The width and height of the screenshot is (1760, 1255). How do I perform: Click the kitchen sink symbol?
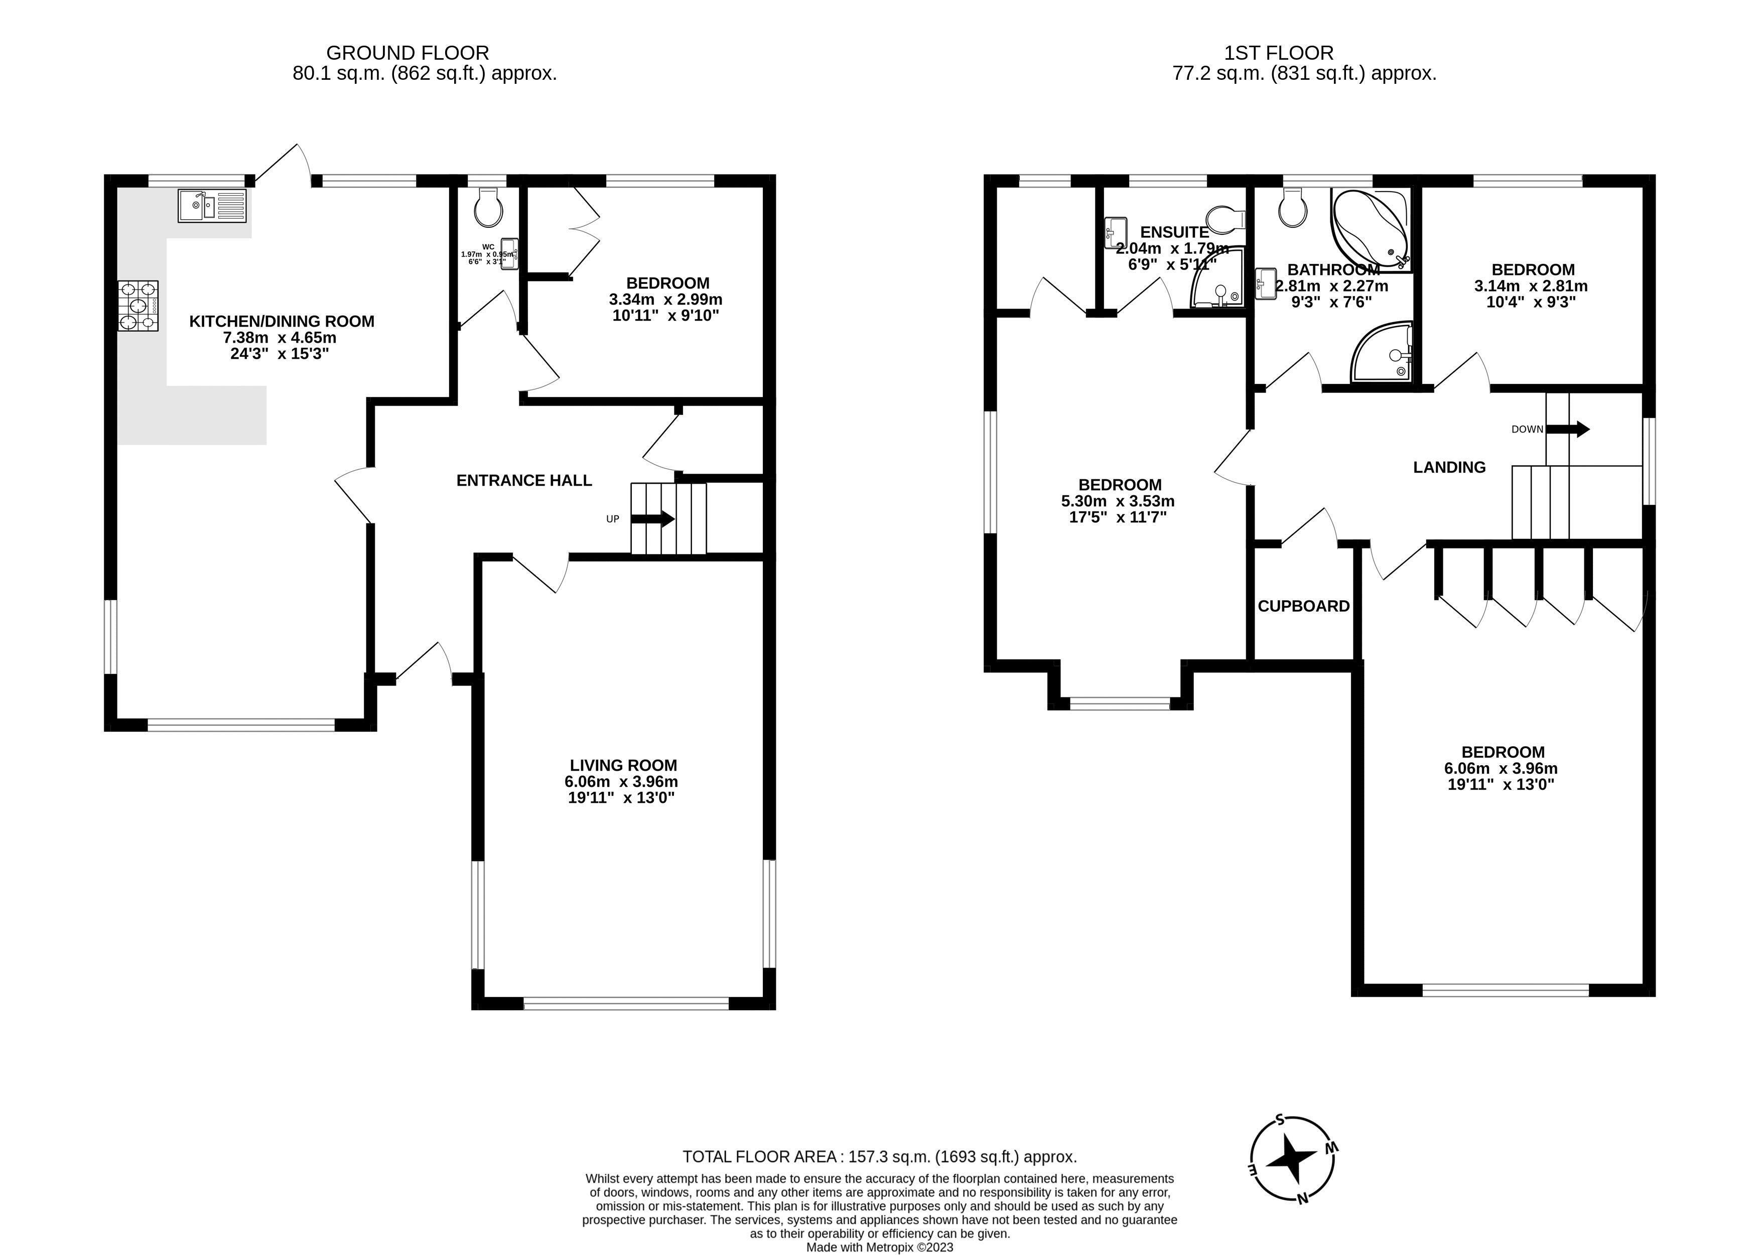(212, 206)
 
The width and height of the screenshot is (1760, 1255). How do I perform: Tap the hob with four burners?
(139, 307)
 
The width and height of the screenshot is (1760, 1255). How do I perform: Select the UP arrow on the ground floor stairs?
(653, 519)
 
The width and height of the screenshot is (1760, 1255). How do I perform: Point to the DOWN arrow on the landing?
(1567, 429)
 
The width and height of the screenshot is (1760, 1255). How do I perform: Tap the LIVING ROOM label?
(624, 765)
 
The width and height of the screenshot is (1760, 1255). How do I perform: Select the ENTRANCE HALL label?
(524, 481)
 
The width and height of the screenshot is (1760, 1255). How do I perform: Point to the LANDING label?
(1449, 467)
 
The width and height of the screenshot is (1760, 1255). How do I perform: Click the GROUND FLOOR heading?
(408, 53)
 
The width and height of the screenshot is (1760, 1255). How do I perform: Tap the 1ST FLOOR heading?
(1279, 53)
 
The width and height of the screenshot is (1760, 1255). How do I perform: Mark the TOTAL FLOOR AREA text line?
(880, 1157)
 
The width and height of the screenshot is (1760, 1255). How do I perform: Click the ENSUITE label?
(1174, 232)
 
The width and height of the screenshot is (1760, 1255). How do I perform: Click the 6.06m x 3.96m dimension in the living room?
(621, 781)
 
